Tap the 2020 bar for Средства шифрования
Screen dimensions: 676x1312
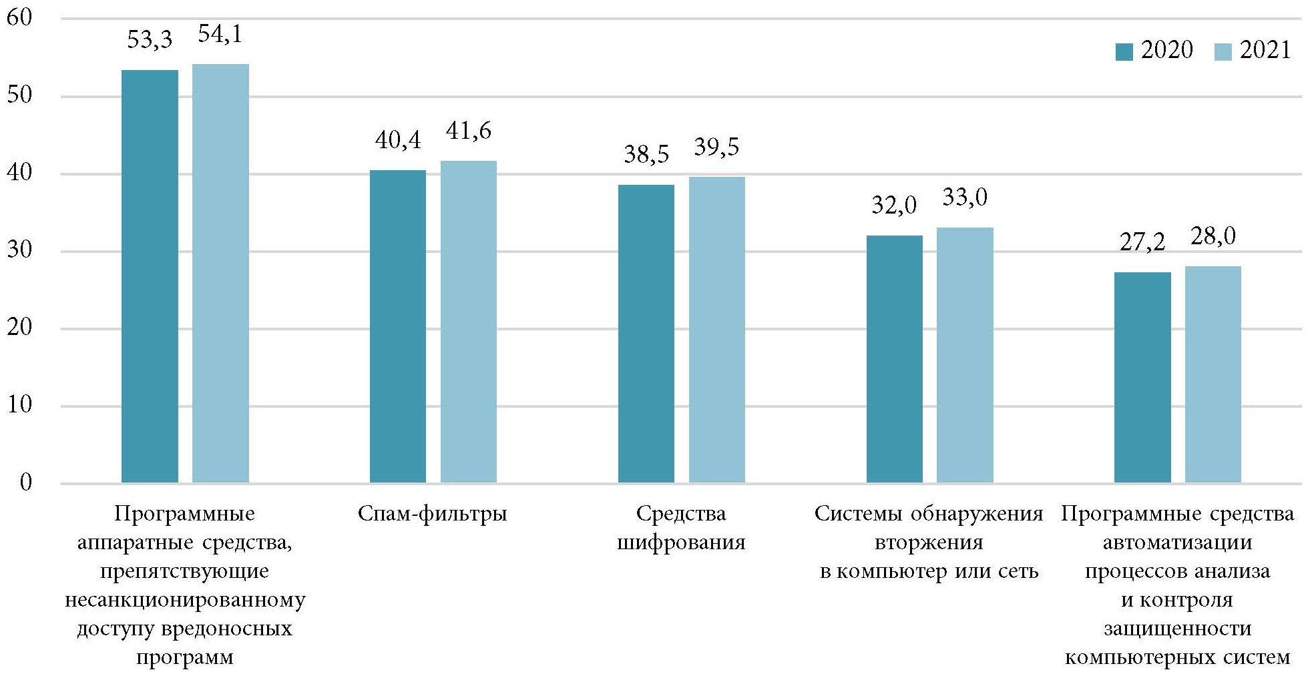[646, 333]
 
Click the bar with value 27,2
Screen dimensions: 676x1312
[1142, 377]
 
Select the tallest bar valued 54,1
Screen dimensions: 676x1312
[220, 273]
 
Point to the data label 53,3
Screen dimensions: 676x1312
[150, 40]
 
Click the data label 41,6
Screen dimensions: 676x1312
[468, 131]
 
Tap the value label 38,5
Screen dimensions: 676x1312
[646, 155]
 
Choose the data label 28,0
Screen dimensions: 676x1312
[1213, 236]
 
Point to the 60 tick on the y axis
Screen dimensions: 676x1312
[19, 18]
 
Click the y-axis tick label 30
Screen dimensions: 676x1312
[19, 250]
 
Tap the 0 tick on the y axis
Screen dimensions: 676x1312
[25, 482]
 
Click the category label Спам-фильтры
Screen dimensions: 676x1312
[432, 514]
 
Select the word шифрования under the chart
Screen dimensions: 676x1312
[680, 543]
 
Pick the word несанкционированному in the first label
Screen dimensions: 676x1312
[185, 601]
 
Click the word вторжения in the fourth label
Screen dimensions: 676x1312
[929, 543]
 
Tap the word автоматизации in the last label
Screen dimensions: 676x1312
[1177, 543]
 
